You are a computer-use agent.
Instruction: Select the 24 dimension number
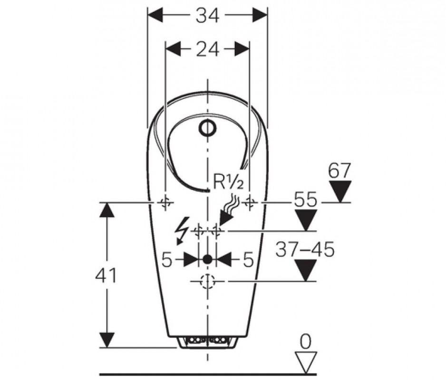pos(207,49)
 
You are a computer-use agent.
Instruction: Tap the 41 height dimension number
pos(106,275)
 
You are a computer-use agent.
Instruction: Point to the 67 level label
pos(339,171)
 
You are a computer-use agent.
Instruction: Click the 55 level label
pos(305,199)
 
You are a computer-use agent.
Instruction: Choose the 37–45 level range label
pos(305,249)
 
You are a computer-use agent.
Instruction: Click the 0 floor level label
pos(305,342)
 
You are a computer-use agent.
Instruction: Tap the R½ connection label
pos(228,182)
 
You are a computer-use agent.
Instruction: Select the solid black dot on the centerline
pos(207,259)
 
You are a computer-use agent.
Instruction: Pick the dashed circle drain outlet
pos(207,281)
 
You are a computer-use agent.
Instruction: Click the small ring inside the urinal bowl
pos(207,128)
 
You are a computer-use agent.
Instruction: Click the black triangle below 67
pos(339,191)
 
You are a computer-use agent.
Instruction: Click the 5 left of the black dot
pos(167,259)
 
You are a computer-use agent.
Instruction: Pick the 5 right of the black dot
pos(248,259)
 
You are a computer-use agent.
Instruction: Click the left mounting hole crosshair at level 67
pos(165,202)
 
